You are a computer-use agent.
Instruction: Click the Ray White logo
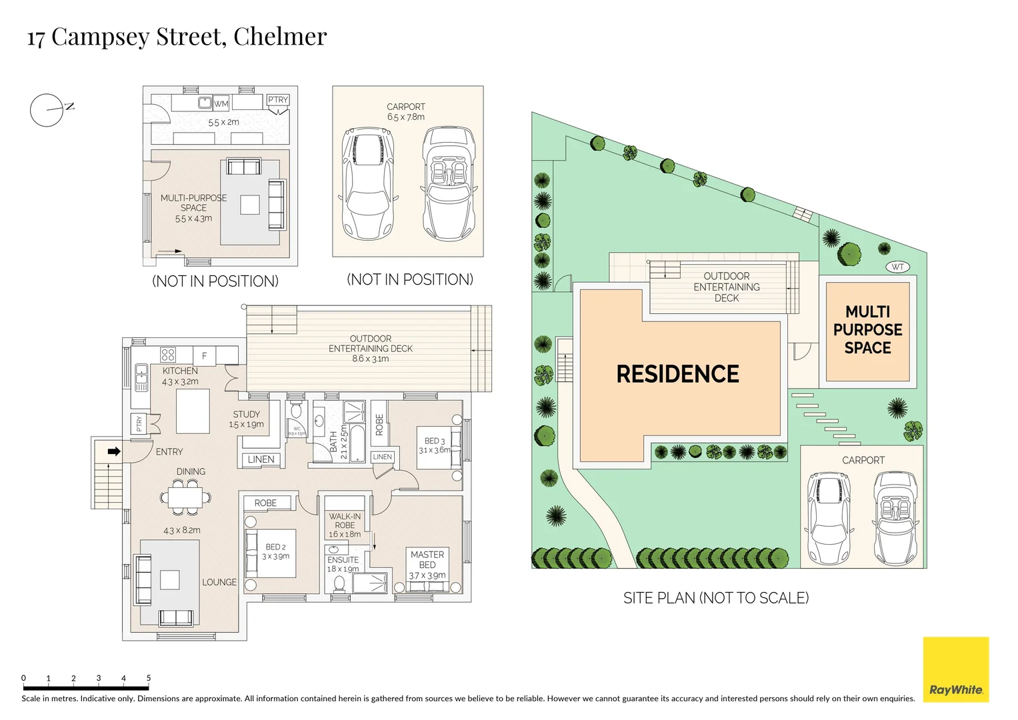(x=955, y=669)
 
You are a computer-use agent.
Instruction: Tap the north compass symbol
(x=47, y=110)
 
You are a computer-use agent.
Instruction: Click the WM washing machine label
(x=221, y=103)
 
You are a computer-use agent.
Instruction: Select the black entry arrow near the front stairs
(x=114, y=451)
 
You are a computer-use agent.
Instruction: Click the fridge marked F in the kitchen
(x=205, y=356)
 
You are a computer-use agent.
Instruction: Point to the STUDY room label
(x=246, y=414)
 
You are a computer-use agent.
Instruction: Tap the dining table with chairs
(x=186, y=497)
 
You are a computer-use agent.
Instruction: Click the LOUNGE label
(x=219, y=582)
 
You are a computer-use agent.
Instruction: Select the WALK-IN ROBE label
(x=345, y=521)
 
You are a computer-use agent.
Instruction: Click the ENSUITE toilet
(x=339, y=584)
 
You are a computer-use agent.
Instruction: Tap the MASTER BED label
(x=427, y=559)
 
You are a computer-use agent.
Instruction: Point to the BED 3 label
(x=435, y=441)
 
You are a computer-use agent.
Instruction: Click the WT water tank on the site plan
(x=898, y=267)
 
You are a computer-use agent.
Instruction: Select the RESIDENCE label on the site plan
(x=677, y=374)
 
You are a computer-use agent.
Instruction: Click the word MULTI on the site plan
(x=867, y=312)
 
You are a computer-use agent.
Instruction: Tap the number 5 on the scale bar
(x=149, y=678)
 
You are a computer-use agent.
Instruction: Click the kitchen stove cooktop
(x=168, y=355)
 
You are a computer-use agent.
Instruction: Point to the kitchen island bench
(x=193, y=411)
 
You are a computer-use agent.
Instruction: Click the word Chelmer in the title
(x=280, y=37)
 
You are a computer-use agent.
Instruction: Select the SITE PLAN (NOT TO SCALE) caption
(x=716, y=598)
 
